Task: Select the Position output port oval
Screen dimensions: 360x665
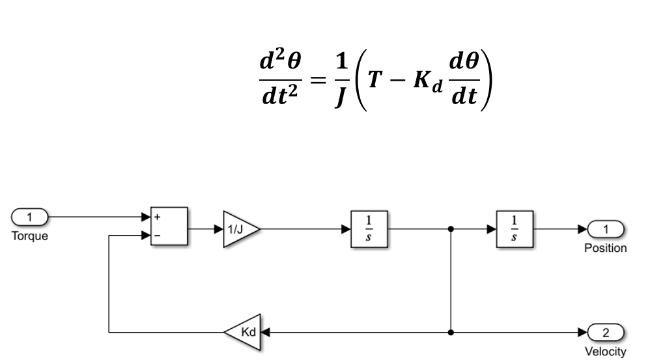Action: [605, 229]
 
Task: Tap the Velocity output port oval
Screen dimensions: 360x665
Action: [605, 332]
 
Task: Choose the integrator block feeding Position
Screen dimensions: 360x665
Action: [513, 229]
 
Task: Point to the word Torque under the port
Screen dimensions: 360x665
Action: [28, 236]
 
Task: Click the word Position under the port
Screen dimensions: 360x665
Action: [605, 249]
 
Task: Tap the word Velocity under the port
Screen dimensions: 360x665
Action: [605, 352]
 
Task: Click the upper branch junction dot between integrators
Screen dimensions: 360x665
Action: [451, 229]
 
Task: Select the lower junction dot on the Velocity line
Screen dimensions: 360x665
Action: [451, 332]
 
